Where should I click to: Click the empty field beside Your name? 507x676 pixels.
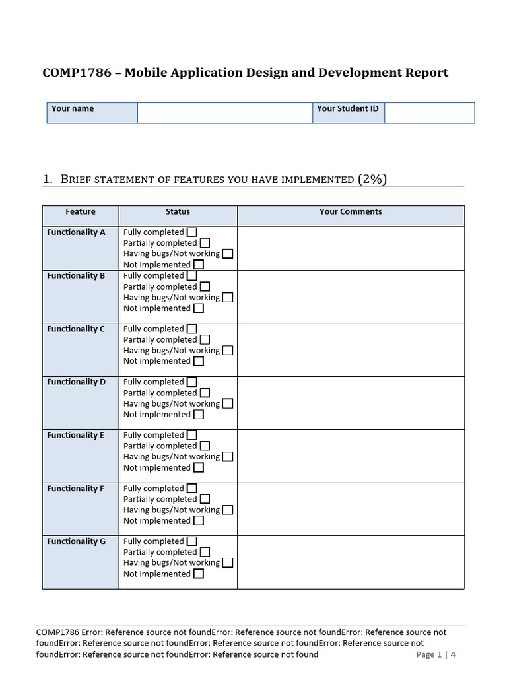pyautogui.click(x=224, y=113)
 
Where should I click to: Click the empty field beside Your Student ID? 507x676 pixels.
pyautogui.click(x=429, y=113)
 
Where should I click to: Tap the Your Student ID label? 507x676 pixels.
pyautogui.click(x=348, y=108)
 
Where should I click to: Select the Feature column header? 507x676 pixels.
pyautogui.click(x=81, y=212)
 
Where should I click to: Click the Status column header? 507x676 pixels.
pyautogui.click(x=178, y=212)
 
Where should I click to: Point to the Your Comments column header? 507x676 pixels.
pyautogui.click(x=351, y=212)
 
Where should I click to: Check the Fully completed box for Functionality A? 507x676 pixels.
pyautogui.click(x=191, y=232)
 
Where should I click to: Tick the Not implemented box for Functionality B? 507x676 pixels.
pyautogui.click(x=199, y=308)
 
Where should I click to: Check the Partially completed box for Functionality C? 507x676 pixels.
pyautogui.click(x=205, y=340)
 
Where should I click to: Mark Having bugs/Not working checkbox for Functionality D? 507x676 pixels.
pyautogui.click(x=228, y=404)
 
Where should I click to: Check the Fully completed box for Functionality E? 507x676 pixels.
pyautogui.click(x=191, y=435)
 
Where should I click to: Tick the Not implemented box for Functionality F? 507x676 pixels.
pyautogui.click(x=199, y=521)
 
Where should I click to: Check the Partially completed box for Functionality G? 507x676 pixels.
pyautogui.click(x=205, y=552)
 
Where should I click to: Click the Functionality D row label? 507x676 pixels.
pyautogui.click(x=77, y=382)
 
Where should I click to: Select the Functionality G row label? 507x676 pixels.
pyautogui.click(x=77, y=541)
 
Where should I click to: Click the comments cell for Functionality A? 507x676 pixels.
pyautogui.click(x=351, y=248)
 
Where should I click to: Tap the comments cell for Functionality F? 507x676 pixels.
pyautogui.click(x=351, y=509)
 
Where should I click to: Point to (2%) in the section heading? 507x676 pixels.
pyautogui.click(x=372, y=179)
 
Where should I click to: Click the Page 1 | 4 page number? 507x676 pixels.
pyautogui.click(x=436, y=655)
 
